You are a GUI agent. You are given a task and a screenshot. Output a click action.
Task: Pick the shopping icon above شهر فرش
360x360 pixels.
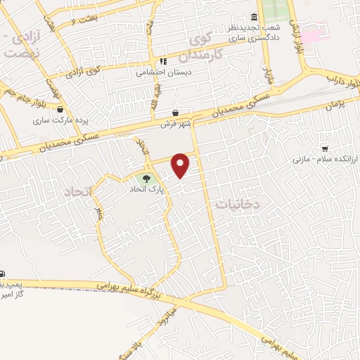coord(174,112)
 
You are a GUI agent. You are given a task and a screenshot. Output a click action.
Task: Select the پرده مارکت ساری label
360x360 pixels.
coord(56,120)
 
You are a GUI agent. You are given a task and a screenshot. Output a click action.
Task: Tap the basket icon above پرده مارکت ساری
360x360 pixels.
coord(60,110)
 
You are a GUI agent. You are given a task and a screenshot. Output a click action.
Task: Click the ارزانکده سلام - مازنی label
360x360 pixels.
coord(325,160)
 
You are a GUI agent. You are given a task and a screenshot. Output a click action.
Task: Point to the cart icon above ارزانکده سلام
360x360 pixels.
coord(325,148)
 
